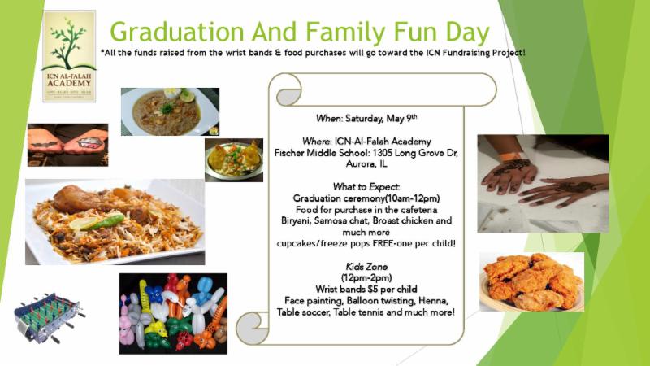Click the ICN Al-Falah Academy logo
pyautogui.click(x=69, y=56)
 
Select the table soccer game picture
pyautogui.click(x=49, y=317)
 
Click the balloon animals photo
pyautogui.click(x=173, y=313)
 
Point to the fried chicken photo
pyautogui.click(x=532, y=281)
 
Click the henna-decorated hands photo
pyautogui.click(x=543, y=184)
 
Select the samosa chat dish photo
pyautogui.click(x=234, y=160)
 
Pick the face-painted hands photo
pyautogui.click(x=68, y=145)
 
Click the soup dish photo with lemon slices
pyautogui.click(x=170, y=111)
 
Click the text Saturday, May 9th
pyautogui.click(x=381, y=118)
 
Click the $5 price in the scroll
pyautogui.click(x=367, y=290)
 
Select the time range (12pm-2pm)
pyautogui.click(x=366, y=277)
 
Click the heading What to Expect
pyautogui.click(x=366, y=187)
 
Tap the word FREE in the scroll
pyautogui.click(x=383, y=243)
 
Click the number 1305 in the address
pyautogui.click(x=382, y=153)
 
